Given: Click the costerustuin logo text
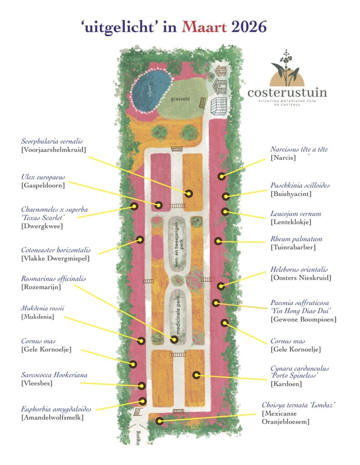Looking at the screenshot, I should pyautogui.click(x=287, y=93).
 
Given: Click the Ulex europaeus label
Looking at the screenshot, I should pyautogui.click(x=43, y=177).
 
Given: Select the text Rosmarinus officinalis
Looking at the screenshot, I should pyautogui.click(x=53, y=278).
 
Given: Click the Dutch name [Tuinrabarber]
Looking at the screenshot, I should pyautogui.click(x=293, y=247).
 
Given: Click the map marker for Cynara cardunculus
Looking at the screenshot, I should pyautogui.click(x=196, y=375).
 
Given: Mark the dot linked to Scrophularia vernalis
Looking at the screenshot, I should pyautogui.click(x=189, y=193).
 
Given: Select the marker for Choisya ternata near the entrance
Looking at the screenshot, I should pyautogui.click(x=159, y=421).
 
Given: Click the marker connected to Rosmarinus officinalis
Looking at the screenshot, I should pyautogui.click(x=174, y=339).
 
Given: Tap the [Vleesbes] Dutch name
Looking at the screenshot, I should pyautogui.click(x=36, y=384).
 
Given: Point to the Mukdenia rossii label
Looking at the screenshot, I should pyautogui.click(x=43, y=308).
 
